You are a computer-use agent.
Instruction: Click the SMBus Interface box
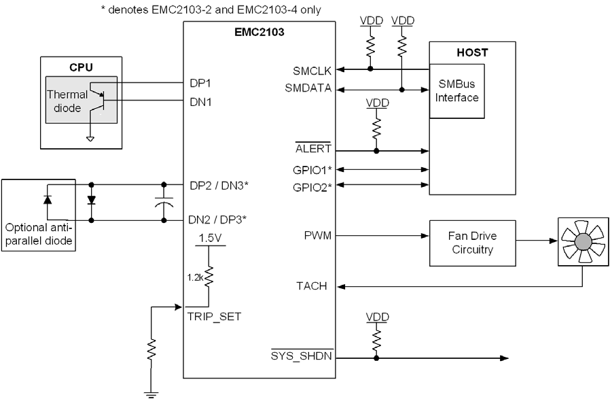459,91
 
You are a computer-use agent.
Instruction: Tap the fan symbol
581,242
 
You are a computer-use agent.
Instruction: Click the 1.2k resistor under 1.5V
209,277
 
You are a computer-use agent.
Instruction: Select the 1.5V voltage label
208,239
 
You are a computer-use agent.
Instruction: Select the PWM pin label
319,236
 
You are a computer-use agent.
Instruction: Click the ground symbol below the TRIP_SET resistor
149,391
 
